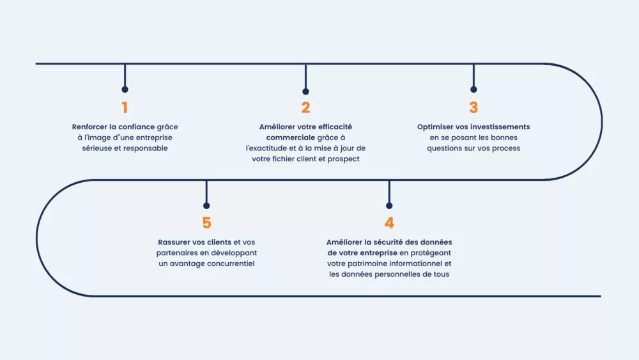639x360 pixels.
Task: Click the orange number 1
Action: click(125, 107)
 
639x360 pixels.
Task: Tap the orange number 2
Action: click(305, 107)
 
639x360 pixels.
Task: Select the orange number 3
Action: click(473, 107)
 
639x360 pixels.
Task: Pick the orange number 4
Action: click(389, 223)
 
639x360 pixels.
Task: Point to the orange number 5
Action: click(206, 223)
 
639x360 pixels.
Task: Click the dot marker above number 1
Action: click(125, 90)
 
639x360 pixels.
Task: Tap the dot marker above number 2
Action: click(305, 91)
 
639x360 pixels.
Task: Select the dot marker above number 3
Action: click(473, 90)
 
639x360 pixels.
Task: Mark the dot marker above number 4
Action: click(389, 206)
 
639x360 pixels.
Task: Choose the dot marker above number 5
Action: click(206, 206)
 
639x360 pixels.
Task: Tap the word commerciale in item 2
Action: click(291, 138)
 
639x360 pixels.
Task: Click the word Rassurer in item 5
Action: click(174, 242)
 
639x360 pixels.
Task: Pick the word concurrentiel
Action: click(230, 264)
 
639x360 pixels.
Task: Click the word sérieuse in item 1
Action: click(97, 148)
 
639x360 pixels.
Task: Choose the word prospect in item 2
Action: click(344, 159)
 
